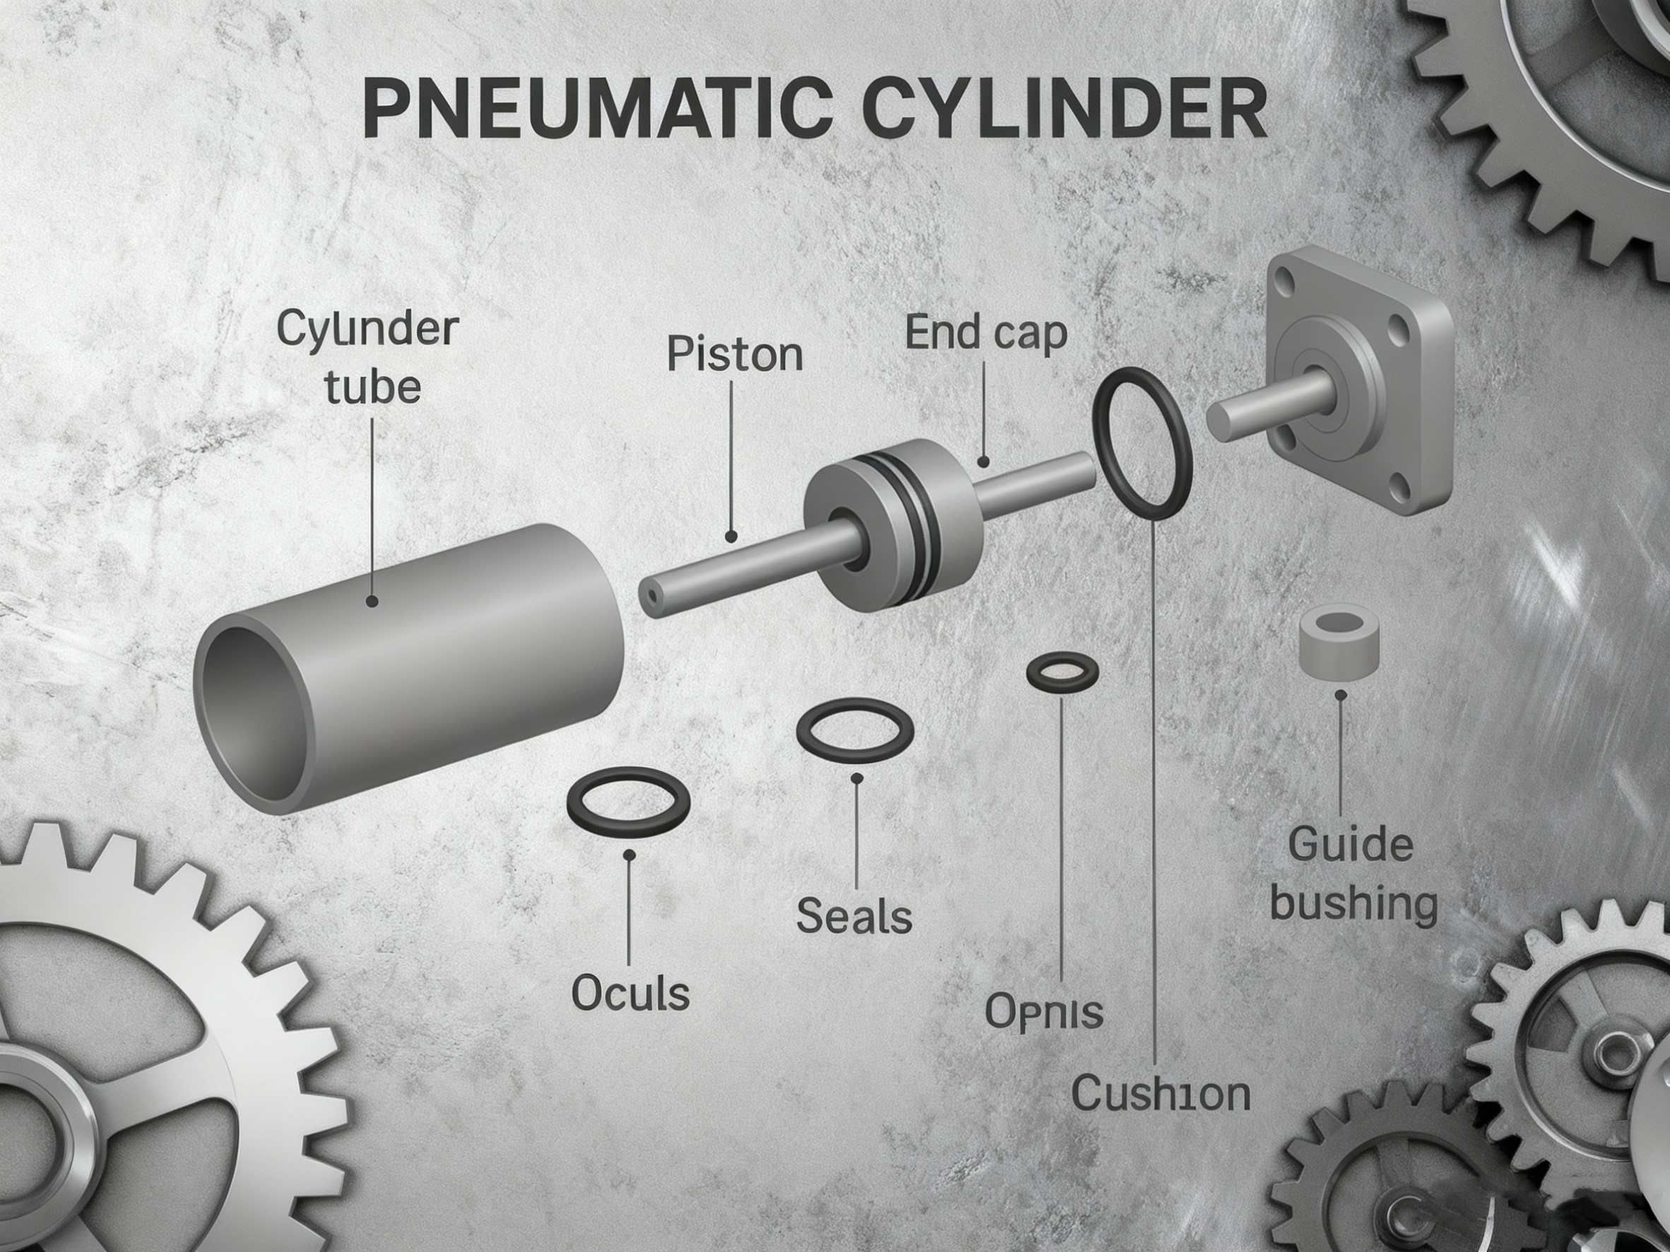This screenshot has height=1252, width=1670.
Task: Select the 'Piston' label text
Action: (x=734, y=354)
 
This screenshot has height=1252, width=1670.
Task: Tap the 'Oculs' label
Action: (x=629, y=993)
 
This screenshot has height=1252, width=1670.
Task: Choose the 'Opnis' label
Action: (x=1044, y=1012)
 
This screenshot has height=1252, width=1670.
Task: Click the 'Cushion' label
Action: (x=1161, y=1094)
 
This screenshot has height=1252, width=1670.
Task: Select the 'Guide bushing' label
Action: (x=1352, y=874)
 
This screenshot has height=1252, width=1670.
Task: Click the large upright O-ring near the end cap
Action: (x=1142, y=443)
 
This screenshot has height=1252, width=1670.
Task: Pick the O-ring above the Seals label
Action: (x=855, y=729)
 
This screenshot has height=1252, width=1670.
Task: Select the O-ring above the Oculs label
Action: (x=628, y=802)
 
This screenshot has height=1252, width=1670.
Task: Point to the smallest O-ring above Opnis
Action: (x=1062, y=672)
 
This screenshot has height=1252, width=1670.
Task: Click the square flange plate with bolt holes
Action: (x=1359, y=385)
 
